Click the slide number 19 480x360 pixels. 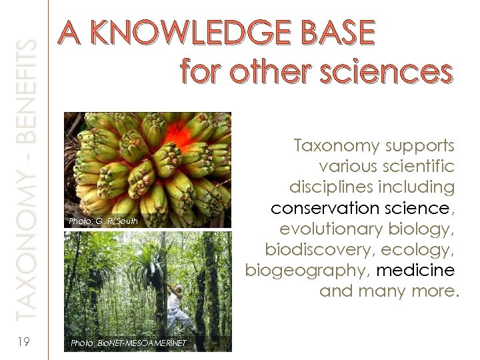point(23,342)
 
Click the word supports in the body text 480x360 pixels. point(417,145)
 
